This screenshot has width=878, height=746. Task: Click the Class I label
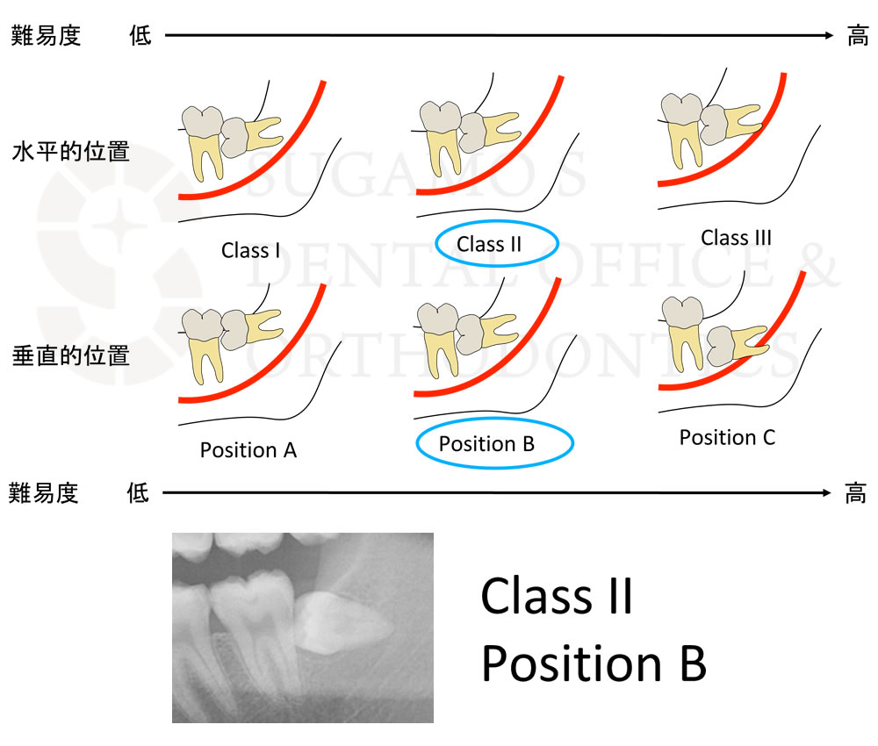(250, 250)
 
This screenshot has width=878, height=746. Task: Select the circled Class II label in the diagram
(489, 244)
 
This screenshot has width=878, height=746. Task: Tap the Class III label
(736, 237)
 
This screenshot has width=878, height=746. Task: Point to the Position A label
(248, 450)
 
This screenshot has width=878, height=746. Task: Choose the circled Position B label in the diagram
(486, 444)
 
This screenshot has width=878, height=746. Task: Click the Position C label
(727, 437)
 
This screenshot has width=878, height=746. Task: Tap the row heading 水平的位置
(70, 152)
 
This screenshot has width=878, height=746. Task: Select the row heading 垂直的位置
(70, 356)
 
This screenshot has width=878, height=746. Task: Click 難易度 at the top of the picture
(46, 36)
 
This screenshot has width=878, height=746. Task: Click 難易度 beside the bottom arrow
(43, 493)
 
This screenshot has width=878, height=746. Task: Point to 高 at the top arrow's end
(857, 36)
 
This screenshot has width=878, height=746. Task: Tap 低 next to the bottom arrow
(138, 493)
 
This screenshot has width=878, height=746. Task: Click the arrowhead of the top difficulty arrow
(829, 35)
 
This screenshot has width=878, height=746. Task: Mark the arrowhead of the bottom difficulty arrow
(826, 492)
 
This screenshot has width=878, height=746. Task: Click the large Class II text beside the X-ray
(557, 596)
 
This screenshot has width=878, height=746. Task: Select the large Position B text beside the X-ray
(594, 664)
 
